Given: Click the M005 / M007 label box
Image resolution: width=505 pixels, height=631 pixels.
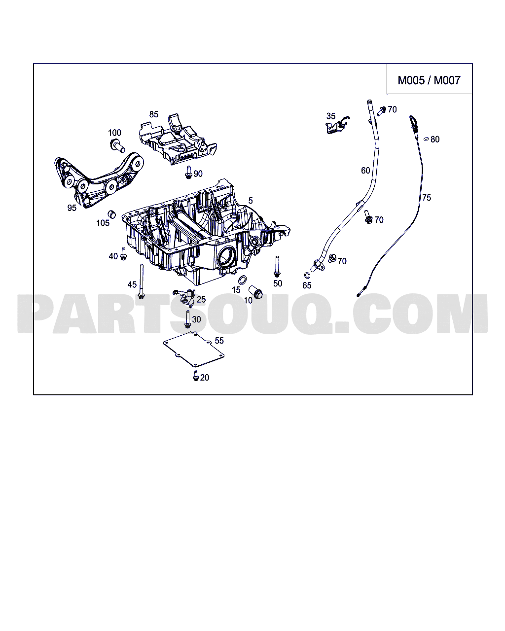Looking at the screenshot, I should [x=429, y=80].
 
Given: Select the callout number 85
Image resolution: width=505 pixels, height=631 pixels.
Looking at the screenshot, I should [x=154, y=114].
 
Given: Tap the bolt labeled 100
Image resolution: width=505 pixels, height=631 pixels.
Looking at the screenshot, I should [x=116, y=145].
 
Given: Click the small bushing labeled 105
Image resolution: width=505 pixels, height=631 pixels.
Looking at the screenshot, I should [x=112, y=214].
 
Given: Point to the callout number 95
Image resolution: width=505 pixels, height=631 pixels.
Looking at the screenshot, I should [x=72, y=208].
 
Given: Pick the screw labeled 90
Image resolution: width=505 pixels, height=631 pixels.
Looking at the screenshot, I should [x=188, y=172].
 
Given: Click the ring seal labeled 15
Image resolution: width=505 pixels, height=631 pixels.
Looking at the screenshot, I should [x=243, y=280].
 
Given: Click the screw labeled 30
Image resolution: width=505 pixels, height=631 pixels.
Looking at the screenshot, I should [x=187, y=319].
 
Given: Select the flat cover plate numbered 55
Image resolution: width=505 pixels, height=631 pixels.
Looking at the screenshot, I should [x=193, y=351].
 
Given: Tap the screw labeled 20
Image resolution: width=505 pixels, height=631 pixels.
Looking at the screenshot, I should [x=196, y=376].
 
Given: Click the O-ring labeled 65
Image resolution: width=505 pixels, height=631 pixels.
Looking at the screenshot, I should [x=307, y=276].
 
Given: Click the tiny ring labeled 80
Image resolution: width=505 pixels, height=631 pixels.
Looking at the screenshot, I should [x=426, y=139].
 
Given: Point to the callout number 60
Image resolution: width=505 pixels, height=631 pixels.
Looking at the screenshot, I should [x=365, y=171].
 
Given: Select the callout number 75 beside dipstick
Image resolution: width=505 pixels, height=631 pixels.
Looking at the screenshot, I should [x=426, y=198].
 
